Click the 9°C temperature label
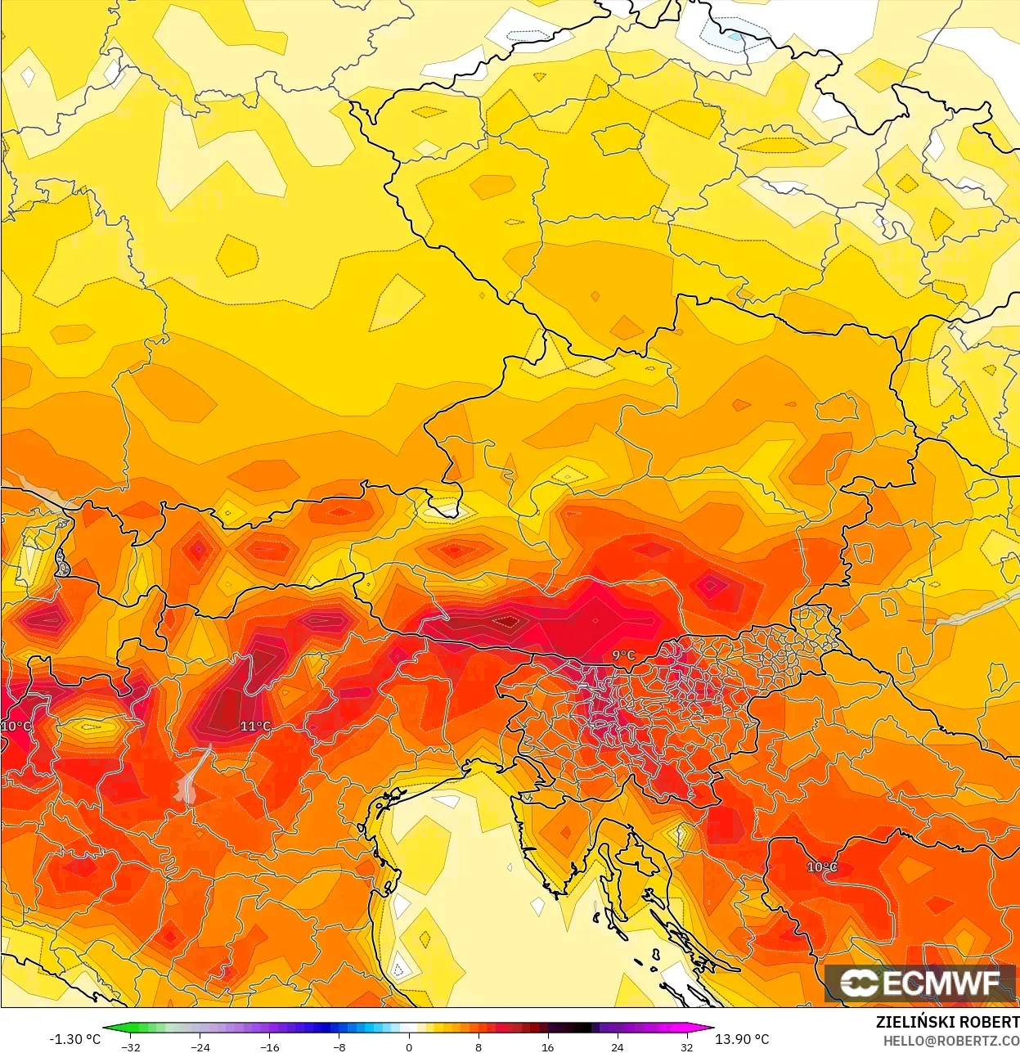click(623, 655)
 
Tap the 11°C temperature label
click(255, 727)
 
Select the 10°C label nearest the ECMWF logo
click(822, 867)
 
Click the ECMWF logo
click(919, 983)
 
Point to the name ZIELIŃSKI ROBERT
click(947, 1022)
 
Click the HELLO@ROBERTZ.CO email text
click(950, 1041)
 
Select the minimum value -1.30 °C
click(74, 1039)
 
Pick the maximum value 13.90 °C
click(742, 1039)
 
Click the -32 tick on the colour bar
click(131, 1047)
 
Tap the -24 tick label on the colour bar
click(200, 1047)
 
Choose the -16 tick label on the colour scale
click(270, 1047)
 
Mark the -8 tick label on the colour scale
click(339, 1047)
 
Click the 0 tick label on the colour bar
click(409, 1047)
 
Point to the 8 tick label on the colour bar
click(479, 1047)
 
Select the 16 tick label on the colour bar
click(547, 1047)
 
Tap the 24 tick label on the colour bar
click(617, 1047)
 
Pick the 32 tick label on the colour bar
click(686, 1047)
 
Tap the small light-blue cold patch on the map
click(734, 36)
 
